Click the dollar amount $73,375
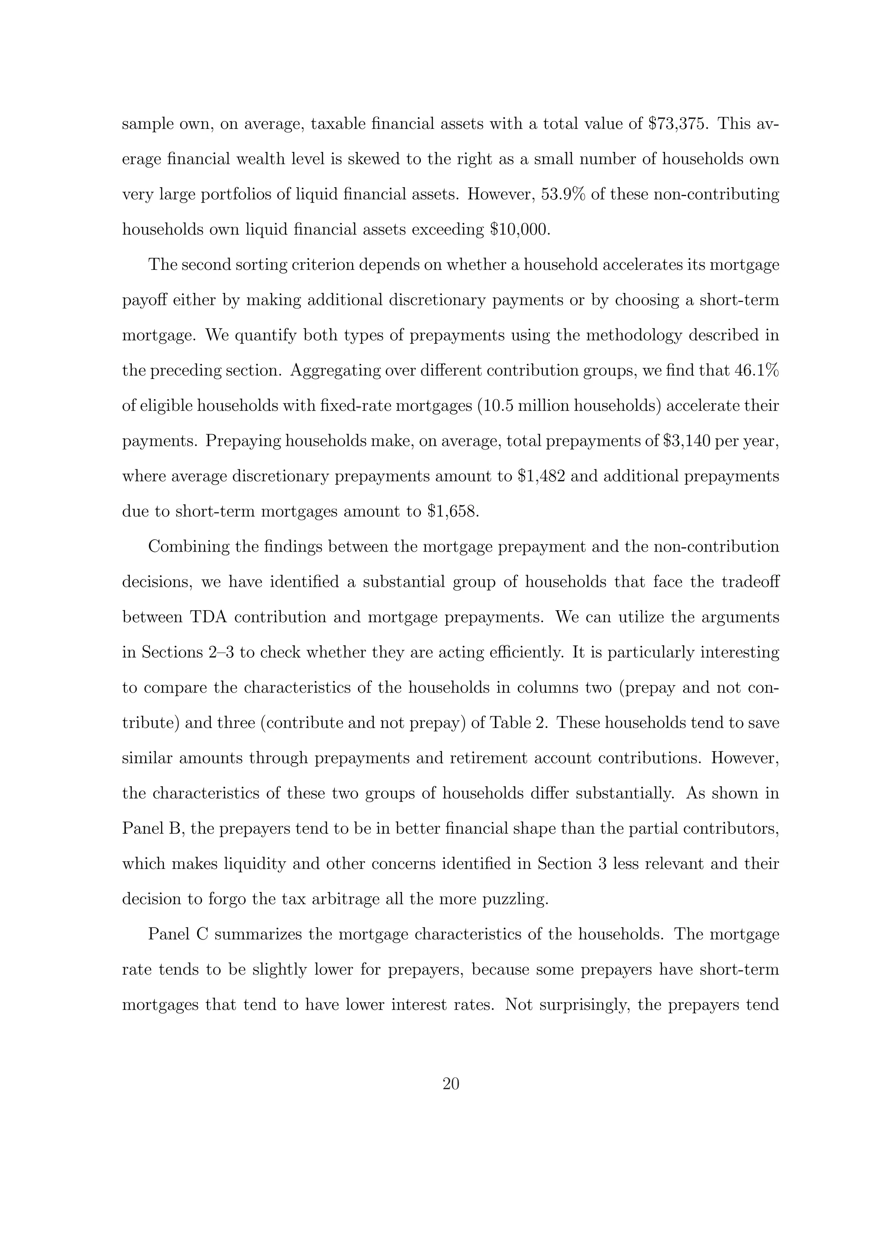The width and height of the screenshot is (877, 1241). [677, 124]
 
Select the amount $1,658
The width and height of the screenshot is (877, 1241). [453, 512]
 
